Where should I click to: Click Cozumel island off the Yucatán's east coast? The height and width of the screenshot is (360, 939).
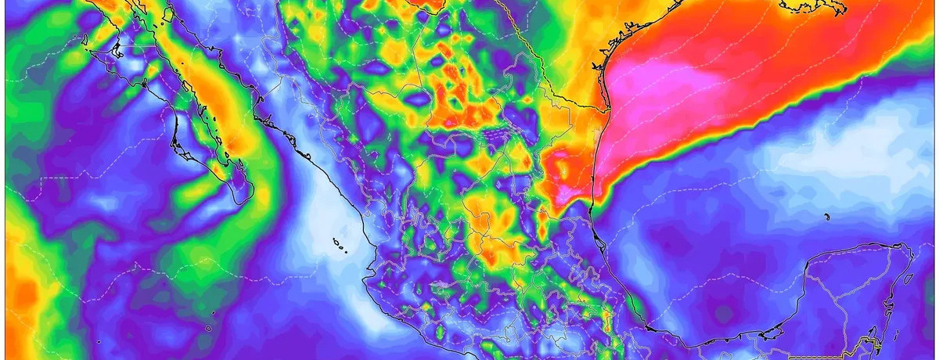(x=908, y=277)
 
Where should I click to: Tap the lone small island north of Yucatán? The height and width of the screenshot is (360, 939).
(x=826, y=217)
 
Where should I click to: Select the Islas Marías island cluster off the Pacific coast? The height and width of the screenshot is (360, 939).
(x=340, y=247)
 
